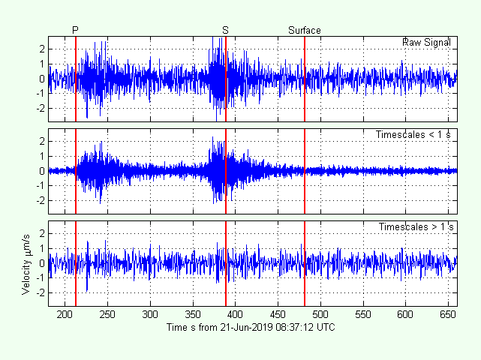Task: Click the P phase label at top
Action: click(75, 30)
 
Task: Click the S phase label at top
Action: click(225, 30)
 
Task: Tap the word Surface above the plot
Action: click(305, 30)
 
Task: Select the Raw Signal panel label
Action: click(426, 42)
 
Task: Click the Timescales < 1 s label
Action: click(414, 134)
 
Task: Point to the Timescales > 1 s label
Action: click(416, 226)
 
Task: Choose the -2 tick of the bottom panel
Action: click(41, 292)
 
